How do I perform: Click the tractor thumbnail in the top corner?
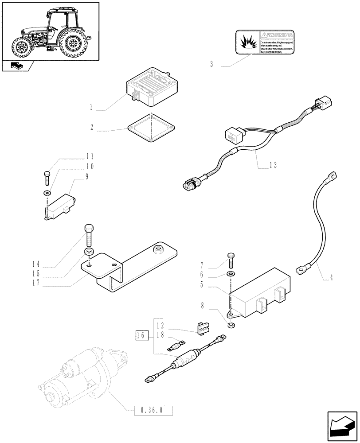click(x=50, y=31)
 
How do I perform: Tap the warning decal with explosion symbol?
click(x=265, y=42)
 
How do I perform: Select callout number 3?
click(x=212, y=65)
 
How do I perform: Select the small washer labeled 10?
click(x=47, y=193)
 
